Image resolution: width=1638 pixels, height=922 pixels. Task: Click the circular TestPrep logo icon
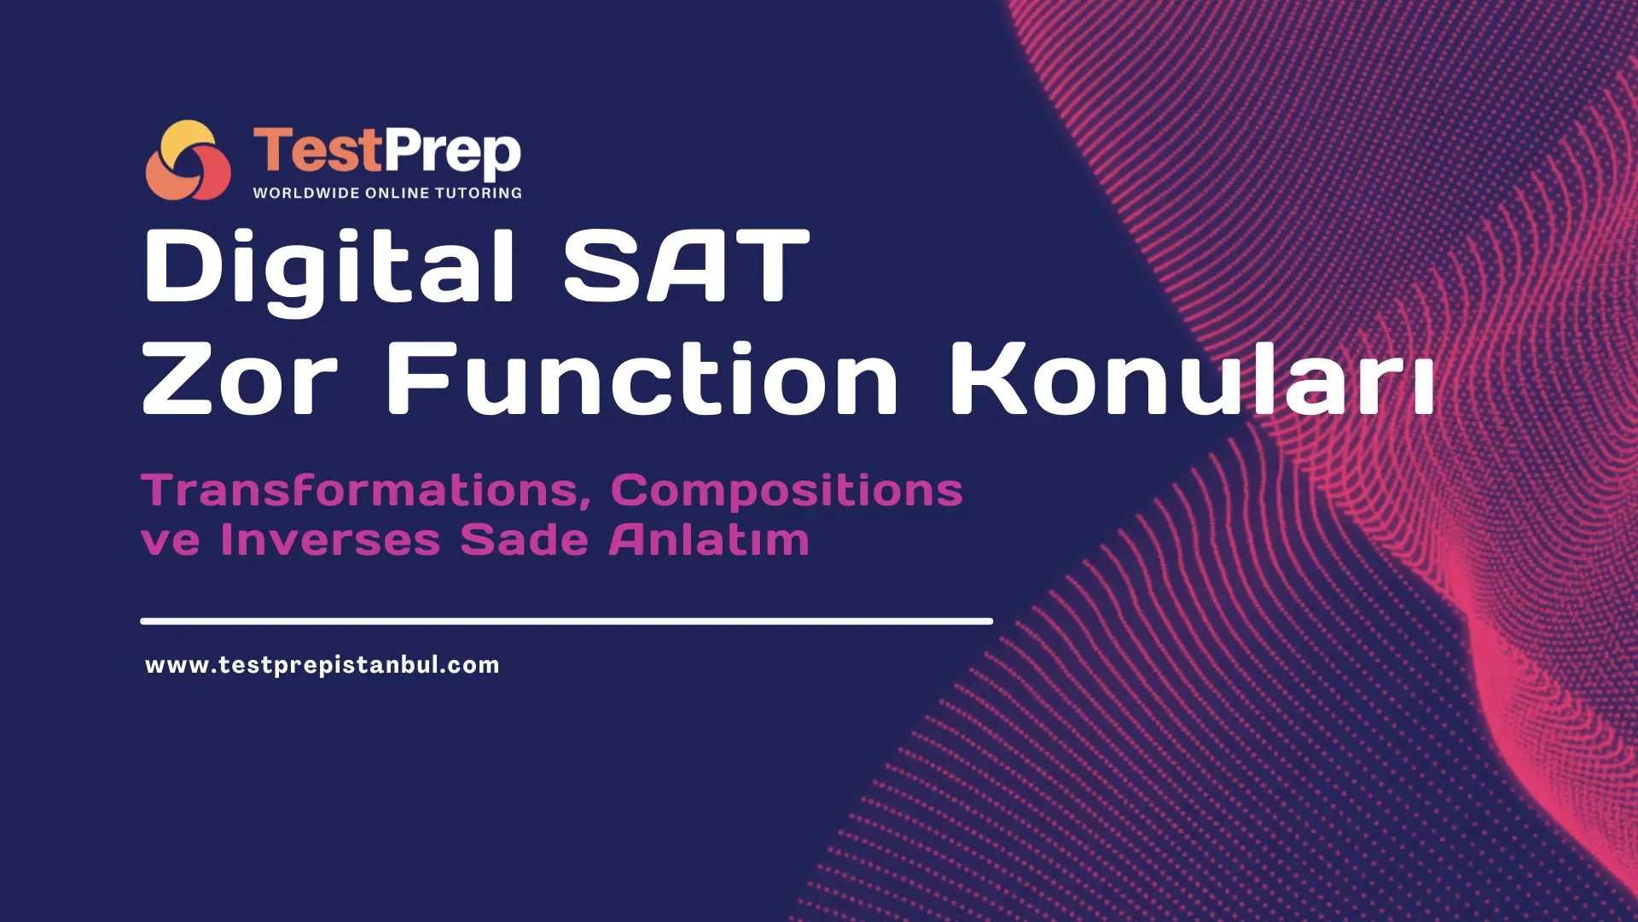188,160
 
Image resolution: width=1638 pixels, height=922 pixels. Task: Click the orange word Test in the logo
317,150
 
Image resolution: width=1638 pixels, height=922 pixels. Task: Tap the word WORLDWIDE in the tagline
306,193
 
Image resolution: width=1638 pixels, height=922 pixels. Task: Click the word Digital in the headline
329,266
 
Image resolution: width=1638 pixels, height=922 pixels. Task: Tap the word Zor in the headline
240,379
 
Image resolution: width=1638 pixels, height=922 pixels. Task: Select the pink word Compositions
787,491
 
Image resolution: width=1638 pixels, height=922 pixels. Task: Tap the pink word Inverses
330,540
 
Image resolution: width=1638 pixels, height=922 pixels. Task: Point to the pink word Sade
524,540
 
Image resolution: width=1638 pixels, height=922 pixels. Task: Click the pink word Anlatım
709,540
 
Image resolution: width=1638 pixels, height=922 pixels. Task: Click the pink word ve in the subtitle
171,541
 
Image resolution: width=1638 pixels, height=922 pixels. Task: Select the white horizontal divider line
566,621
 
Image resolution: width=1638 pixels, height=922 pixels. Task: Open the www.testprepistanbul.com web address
322,665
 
